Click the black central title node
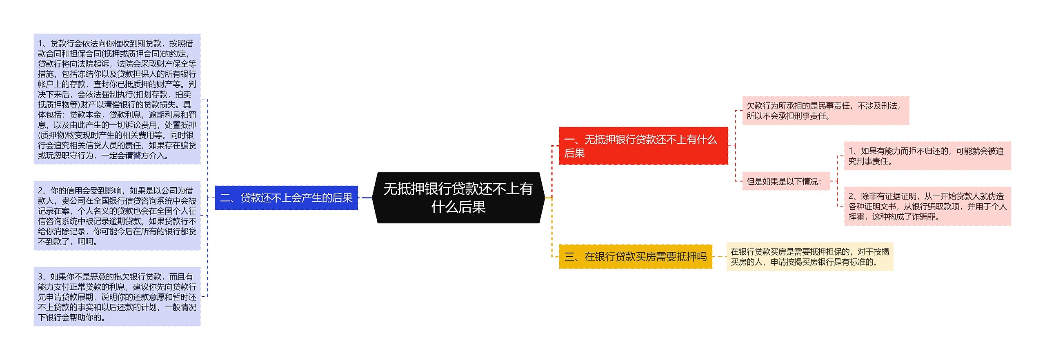click(458, 198)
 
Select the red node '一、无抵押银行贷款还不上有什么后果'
click(643, 146)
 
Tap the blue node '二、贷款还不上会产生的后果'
click(286, 198)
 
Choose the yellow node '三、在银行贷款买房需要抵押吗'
click(635, 257)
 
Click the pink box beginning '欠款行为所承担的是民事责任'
click(825, 111)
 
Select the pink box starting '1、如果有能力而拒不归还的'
click(927, 156)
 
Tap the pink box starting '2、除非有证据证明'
click(927, 207)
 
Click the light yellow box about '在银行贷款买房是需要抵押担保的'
click(809, 257)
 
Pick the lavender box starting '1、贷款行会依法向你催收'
click(117, 99)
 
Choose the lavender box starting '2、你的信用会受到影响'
click(117, 216)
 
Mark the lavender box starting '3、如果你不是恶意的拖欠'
click(117, 297)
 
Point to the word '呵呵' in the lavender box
click(85, 242)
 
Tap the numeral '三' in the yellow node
click(569, 257)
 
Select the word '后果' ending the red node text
click(574, 153)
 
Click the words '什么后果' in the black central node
click(458, 207)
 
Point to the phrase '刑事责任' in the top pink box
click(809, 116)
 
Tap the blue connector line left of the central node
click(367, 198)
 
